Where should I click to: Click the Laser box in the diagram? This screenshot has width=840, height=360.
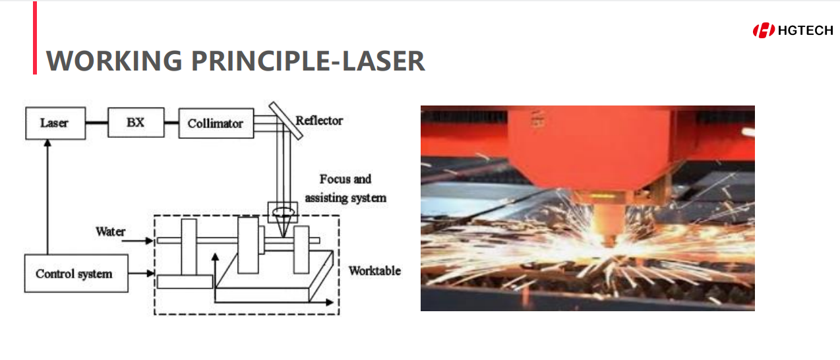(55, 123)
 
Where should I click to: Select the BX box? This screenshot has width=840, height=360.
(136, 123)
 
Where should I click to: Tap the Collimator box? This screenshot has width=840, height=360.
(216, 123)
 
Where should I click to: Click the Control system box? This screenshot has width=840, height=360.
(76, 274)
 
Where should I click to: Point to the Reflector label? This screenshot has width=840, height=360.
(319, 121)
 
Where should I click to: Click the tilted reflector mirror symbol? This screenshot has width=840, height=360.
(285, 121)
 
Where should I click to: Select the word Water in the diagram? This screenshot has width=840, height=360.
(110, 231)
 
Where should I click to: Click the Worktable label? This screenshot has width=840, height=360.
(375, 271)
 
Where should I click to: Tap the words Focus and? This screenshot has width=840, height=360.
(345, 179)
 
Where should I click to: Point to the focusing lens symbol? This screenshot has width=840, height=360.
(283, 212)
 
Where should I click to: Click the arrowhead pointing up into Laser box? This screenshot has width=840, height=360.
(47, 143)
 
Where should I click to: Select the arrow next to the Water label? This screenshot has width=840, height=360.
(137, 241)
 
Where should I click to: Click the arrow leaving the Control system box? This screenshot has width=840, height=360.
(141, 274)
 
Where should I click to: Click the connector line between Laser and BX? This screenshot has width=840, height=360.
(97, 123)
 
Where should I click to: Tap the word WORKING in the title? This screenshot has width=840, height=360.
(114, 61)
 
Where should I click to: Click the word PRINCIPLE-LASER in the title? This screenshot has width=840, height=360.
(308, 61)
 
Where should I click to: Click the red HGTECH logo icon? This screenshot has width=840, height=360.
(764, 30)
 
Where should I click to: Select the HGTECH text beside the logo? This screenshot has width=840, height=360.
(806, 30)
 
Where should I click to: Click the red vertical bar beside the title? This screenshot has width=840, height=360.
(35, 38)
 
